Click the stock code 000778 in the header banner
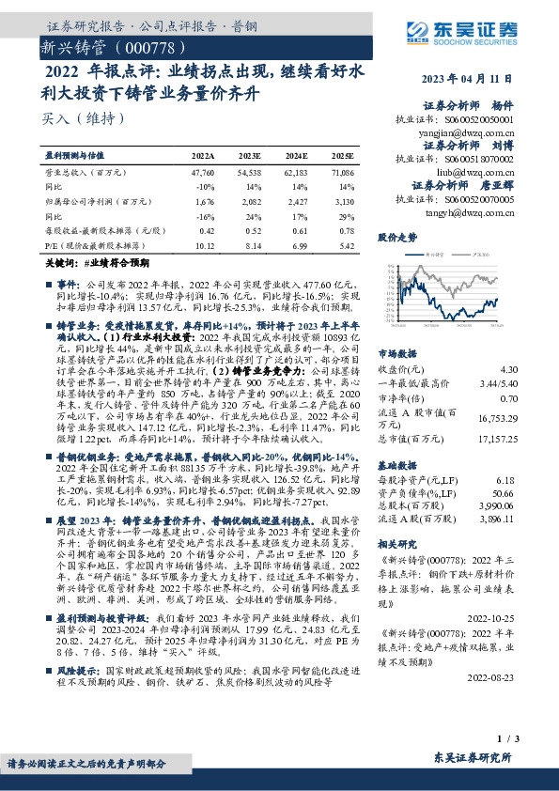point(136,45)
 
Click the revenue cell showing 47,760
point(202,175)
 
